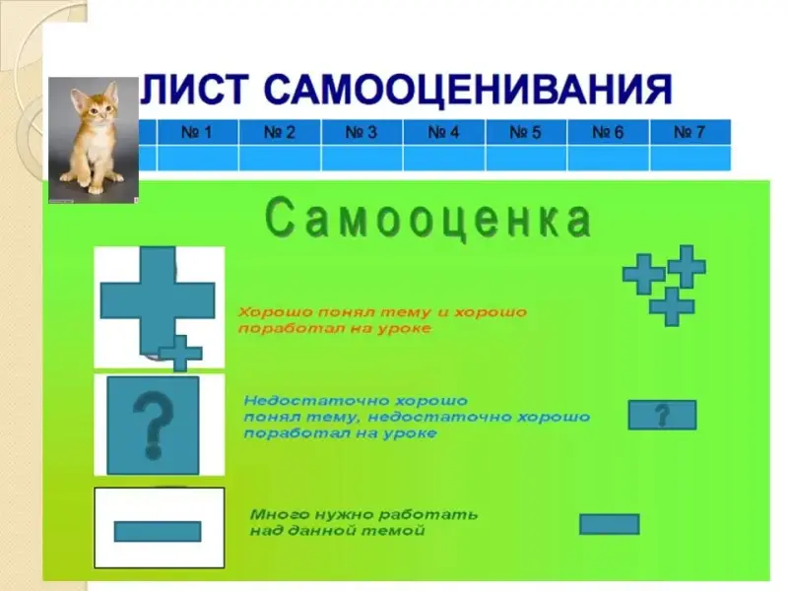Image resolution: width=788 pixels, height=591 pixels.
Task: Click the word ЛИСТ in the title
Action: (x=194, y=90)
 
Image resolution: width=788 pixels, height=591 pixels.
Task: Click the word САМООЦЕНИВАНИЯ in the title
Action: (x=468, y=90)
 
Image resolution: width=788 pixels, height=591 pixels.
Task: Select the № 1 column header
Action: (x=198, y=132)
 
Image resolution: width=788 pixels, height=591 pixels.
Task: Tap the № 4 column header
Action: (x=444, y=132)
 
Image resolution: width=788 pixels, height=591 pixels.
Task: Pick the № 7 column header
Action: (x=690, y=132)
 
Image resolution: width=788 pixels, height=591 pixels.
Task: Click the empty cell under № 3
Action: (x=361, y=159)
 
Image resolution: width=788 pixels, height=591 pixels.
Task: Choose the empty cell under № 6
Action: (x=608, y=159)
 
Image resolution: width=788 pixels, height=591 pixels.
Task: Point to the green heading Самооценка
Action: (x=428, y=219)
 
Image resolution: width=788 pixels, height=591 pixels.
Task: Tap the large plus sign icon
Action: (x=158, y=300)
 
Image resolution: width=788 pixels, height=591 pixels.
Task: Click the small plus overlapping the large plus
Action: (x=180, y=354)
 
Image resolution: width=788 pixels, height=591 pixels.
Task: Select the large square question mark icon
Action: (x=154, y=426)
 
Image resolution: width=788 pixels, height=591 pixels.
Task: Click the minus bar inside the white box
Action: (x=158, y=531)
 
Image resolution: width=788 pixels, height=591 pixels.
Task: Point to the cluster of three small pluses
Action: (x=664, y=285)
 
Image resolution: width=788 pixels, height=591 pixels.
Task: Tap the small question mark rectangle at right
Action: (x=662, y=415)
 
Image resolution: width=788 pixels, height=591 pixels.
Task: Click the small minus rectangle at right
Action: (x=609, y=524)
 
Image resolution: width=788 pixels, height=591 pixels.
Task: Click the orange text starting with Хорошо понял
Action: (x=382, y=320)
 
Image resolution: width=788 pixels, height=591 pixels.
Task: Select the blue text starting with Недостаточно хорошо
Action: (x=417, y=417)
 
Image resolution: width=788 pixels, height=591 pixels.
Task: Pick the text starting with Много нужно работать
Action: (x=363, y=522)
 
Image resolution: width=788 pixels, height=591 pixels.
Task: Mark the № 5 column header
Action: (x=526, y=132)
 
